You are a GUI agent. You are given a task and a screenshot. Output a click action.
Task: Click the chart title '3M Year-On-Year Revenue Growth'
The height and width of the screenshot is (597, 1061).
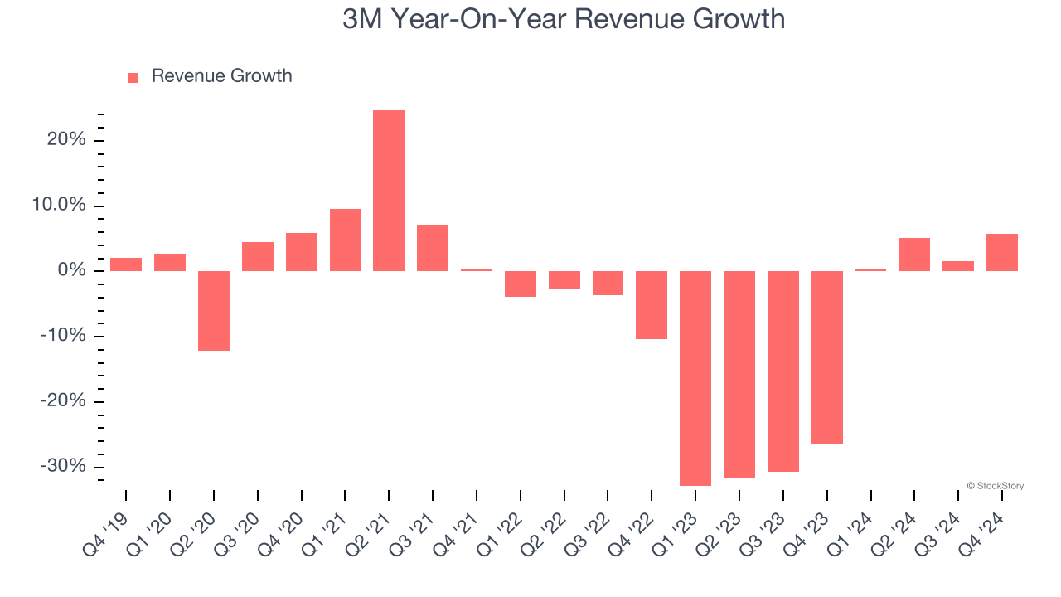[x=564, y=18]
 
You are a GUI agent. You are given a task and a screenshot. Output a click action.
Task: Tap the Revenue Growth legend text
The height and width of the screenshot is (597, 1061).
[x=221, y=76]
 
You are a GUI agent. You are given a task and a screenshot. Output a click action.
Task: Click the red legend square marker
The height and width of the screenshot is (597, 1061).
[x=133, y=78]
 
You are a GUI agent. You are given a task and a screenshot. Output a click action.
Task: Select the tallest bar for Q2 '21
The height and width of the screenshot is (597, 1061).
[x=389, y=191]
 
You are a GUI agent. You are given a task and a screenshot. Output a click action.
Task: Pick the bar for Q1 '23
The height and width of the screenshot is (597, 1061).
[x=695, y=378]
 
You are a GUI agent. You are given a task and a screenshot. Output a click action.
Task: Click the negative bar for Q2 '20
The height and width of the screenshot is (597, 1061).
[x=214, y=311]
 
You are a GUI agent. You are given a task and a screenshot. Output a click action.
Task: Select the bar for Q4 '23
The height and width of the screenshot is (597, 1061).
[x=826, y=357]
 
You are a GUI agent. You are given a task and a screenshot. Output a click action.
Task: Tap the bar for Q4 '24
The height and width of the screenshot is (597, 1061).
[x=1002, y=252]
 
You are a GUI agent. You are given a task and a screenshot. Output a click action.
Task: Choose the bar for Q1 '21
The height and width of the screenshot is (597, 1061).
[x=345, y=240]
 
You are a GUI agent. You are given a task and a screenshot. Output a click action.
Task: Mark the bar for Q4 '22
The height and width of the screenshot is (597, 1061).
[x=652, y=305]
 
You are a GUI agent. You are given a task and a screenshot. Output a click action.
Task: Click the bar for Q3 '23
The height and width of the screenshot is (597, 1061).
[x=782, y=371]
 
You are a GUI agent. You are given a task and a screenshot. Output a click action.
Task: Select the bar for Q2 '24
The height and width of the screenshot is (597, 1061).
[x=914, y=255]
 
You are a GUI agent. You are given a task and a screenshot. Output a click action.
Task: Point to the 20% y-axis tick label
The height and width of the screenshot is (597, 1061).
[x=66, y=140]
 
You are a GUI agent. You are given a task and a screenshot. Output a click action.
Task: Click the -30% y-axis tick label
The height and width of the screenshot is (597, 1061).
[x=64, y=466]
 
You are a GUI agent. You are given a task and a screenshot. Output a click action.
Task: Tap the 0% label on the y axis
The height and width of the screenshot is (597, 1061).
[x=71, y=271]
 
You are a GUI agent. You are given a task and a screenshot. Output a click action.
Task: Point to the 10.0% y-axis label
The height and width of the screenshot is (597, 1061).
[x=60, y=206]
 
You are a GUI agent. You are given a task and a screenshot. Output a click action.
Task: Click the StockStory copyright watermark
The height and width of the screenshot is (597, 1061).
[x=995, y=486]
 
